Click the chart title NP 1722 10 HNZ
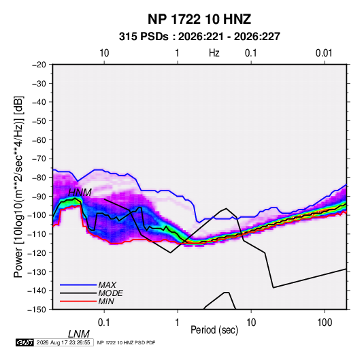point(199,19)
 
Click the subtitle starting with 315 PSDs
point(199,37)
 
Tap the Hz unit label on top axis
point(214,53)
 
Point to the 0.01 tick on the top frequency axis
point(324,53)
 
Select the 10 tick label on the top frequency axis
point(104,53)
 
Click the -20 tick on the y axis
point(39,65)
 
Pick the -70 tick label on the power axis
point(39,159)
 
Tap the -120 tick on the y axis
point(37,253)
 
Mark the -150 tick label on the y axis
point(37,310)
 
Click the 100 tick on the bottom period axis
point(325,323)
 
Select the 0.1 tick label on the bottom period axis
point(103,323)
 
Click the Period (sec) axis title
point(214,330)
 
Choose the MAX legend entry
point(107,284)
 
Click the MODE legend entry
point(110,293)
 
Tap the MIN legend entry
point(106,301)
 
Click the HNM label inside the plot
point(80,193)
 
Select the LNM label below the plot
point(79,334)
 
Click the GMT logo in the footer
point(24,342)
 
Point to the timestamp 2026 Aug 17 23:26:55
point(63,342)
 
